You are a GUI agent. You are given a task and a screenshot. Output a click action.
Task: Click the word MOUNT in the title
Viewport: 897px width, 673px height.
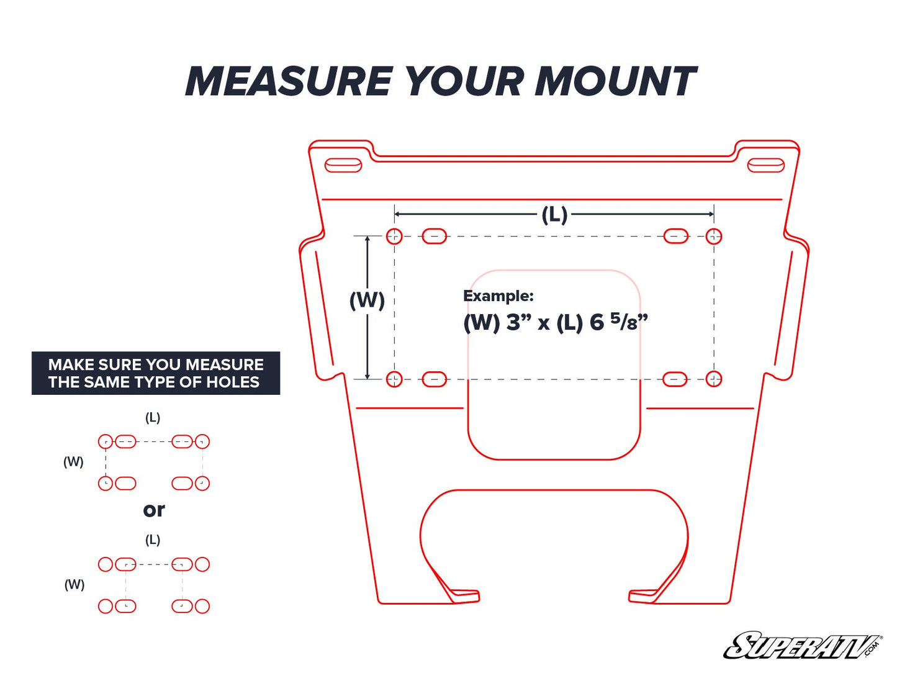[615, 81]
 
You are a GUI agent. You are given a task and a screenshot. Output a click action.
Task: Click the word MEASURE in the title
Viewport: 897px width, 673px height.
[289, 81]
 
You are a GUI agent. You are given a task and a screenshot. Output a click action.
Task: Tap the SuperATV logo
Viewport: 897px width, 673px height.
[802, 646]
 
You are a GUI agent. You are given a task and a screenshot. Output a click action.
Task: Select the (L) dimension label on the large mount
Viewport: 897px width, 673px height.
[554, 215]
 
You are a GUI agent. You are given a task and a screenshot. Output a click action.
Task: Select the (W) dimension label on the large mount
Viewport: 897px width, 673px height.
[367, 300]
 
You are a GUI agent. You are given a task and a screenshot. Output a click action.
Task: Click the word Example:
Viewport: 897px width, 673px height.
[498, 296]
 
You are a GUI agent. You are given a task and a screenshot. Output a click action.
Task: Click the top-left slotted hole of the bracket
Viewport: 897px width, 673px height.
[343, 165]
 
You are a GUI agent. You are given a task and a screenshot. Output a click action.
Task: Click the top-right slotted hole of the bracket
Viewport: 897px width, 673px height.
[765, 165]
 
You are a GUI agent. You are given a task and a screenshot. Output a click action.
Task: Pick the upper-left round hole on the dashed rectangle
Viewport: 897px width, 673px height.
[394, 236]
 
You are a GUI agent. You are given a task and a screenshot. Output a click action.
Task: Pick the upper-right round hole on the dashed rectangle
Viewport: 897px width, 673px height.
[714, 236]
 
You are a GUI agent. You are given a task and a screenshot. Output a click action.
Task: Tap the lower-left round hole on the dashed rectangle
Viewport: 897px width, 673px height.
[394, 379]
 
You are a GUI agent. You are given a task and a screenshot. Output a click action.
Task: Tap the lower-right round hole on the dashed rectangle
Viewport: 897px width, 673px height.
[714, 379]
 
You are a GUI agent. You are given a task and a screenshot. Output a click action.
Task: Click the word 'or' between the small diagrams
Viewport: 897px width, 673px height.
[154, 510]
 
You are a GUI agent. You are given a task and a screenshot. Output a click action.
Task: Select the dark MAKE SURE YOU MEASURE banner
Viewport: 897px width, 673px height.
[156, 373]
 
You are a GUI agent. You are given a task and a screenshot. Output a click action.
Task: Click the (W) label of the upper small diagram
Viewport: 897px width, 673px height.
[73, 462]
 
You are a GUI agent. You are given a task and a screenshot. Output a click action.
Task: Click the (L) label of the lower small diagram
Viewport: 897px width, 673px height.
[153, 540]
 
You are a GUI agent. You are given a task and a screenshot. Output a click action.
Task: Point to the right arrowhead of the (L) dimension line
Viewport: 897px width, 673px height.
[711, 214]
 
